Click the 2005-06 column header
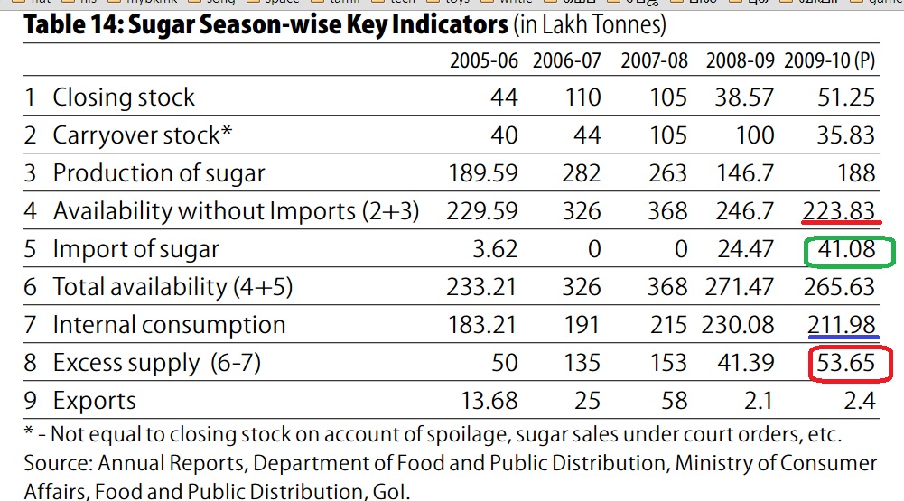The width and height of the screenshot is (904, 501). pos(484,61)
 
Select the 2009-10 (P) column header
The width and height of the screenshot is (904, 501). pos(830,61)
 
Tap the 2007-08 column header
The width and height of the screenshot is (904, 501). pos(654,61)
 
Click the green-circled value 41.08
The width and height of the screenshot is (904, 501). pos(846,249)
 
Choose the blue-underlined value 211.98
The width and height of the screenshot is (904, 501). pos(839,325)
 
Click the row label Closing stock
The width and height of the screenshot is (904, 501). pos(124,97)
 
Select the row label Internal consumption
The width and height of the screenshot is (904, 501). pos(169,325)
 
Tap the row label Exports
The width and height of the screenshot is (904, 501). pos(94,401)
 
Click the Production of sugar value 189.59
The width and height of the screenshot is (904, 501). pos(483,173)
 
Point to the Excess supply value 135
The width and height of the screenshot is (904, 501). pos(581,363)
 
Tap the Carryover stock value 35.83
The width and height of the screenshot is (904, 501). pos(846,135)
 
